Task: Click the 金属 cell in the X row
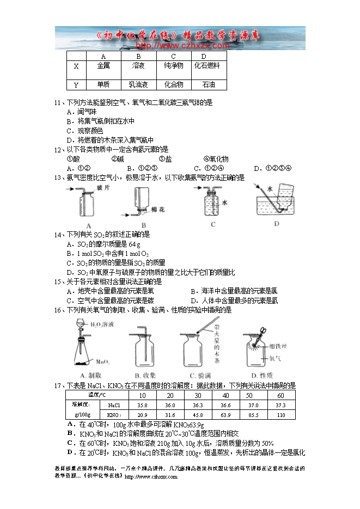103,66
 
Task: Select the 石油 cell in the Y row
209,85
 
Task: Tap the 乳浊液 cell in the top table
138,85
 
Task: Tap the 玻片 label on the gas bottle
103,188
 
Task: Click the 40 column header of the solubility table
225,395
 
